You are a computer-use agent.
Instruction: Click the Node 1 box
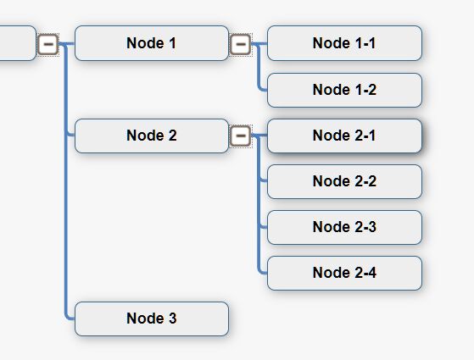pyautogui.click(x=152, y=43)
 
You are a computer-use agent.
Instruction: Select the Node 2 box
pyautogui.click(x=152, y=136)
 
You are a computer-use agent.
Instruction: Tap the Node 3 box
pyautogui.click(x=152, y=318)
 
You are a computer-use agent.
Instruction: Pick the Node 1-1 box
pyautogui.click(x=344, y=43)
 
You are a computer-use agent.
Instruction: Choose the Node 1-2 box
pyautogui.click(x=344, y=90)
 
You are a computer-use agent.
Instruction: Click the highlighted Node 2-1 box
pyautogui.click(x=344, y=136)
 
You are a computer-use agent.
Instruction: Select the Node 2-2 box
pyautogui.click(x=344, y=181)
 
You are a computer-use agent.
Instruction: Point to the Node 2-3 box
pyautogui.click(x=344, y=227)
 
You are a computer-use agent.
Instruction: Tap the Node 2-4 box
pyautogui.click(x=344, y=273)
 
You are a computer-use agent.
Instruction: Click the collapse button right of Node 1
pyautogui.click(x=241, y=44)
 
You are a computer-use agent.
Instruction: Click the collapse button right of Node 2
pyautogui.click(x=241, y=136)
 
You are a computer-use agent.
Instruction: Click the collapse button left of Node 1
pyautogui.click(x=47, y=44)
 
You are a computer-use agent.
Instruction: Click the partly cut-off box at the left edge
pyautogui.click(x=18, y=43)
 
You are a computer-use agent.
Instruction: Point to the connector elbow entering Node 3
pyautogui.click(x=67, y=317)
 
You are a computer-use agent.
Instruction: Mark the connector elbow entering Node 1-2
pyautogui.click(x=260, y=88)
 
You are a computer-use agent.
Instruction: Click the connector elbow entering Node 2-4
pyautogui.click(x=260, y=271)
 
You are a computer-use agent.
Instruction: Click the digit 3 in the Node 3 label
pyautogui.click(x=173, y=318)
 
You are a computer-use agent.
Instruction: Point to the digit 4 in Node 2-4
pyautogui.click(x=372, y=273)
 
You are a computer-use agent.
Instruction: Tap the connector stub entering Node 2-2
pyautogui.click(x=263, y=181)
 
